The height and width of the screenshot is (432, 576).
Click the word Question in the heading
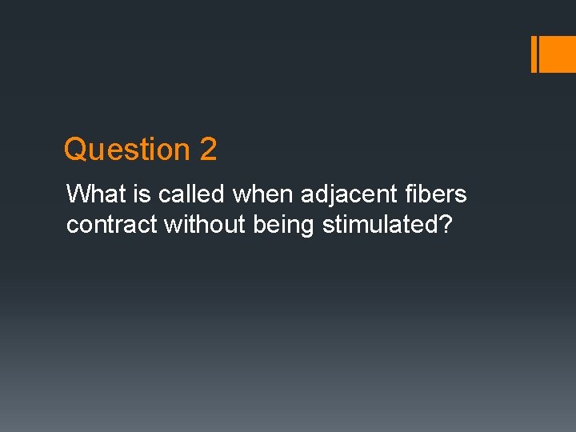(126, 150)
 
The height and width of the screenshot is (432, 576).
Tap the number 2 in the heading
(208, 150)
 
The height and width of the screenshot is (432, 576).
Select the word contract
(112, 225)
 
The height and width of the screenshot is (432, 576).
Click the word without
(205, 225)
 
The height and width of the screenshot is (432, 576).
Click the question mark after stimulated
(445, 225)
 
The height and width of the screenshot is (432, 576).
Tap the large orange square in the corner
(558, 54)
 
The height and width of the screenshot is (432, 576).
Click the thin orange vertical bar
(534, 54)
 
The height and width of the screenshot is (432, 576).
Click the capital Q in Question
(74, 150)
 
